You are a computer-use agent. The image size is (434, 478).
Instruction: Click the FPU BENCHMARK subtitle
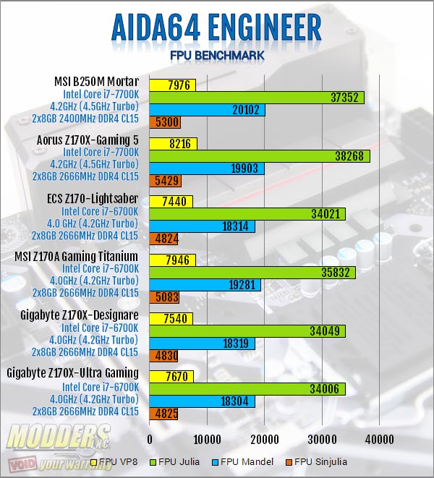pos(216,56)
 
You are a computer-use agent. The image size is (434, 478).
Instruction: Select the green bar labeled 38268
pos(260,156)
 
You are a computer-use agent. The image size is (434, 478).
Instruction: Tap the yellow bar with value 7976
pos(173,85)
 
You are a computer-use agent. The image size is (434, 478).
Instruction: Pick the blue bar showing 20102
pos(207,110)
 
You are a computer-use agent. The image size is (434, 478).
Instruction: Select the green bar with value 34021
pos(247,214)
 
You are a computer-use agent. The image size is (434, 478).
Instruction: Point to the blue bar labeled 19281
pos(205,285)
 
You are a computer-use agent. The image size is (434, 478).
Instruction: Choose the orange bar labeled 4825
pos(163,414)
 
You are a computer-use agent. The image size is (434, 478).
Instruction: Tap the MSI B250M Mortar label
pos(96,82)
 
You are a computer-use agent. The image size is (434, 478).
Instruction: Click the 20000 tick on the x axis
pos(264,439)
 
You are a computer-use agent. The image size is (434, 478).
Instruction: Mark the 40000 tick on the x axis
pos(379,439)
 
